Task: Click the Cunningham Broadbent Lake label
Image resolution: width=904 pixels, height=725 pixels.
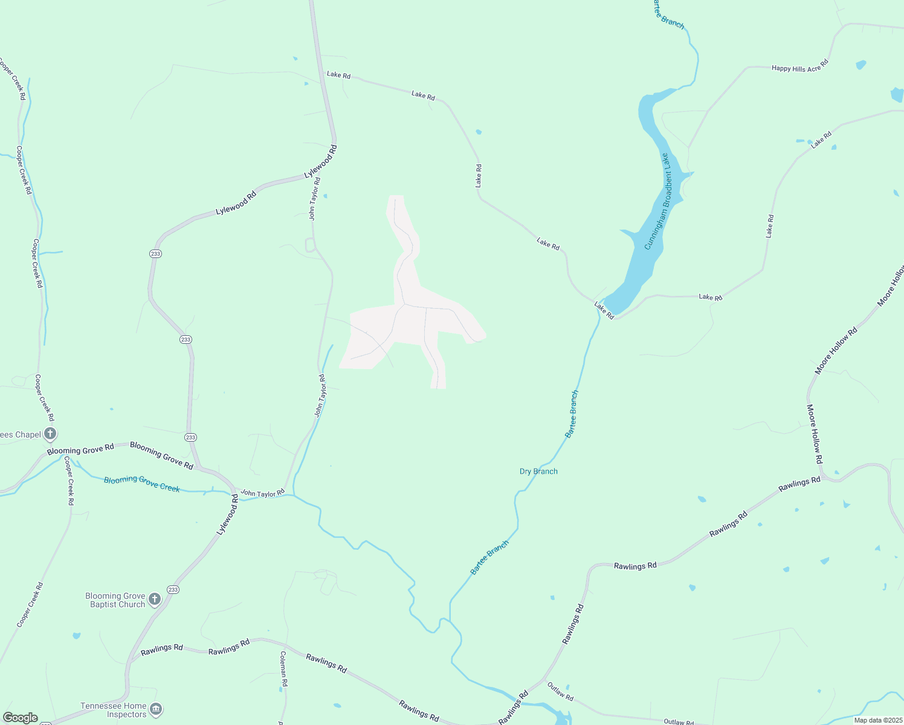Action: point(657,201)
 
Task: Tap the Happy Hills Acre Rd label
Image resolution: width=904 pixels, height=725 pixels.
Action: point(799,66)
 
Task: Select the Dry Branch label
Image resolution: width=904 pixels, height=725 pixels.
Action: point(538,471)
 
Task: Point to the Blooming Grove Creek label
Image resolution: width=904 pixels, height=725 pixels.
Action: point(141,483)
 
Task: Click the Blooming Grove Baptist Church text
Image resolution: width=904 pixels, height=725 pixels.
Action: point(115,600)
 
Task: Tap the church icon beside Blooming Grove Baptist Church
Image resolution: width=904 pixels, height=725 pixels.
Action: point(155,599)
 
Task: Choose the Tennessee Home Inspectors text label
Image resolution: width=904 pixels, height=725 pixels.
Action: point(114,710)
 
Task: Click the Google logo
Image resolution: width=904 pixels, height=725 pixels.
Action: point(20,718)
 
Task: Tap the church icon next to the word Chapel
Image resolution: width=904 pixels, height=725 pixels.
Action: point(50,433)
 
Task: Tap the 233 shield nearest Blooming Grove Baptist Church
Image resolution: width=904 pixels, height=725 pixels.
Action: point(173,590)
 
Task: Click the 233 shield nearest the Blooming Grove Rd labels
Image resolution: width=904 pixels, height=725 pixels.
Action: point(191,437)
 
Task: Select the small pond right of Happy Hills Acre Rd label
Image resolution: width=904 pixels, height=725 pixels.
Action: point(860,64)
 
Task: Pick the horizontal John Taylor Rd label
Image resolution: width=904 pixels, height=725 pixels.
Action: point(262,493)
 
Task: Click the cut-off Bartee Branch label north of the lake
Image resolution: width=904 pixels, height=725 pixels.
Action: point(669,15)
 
